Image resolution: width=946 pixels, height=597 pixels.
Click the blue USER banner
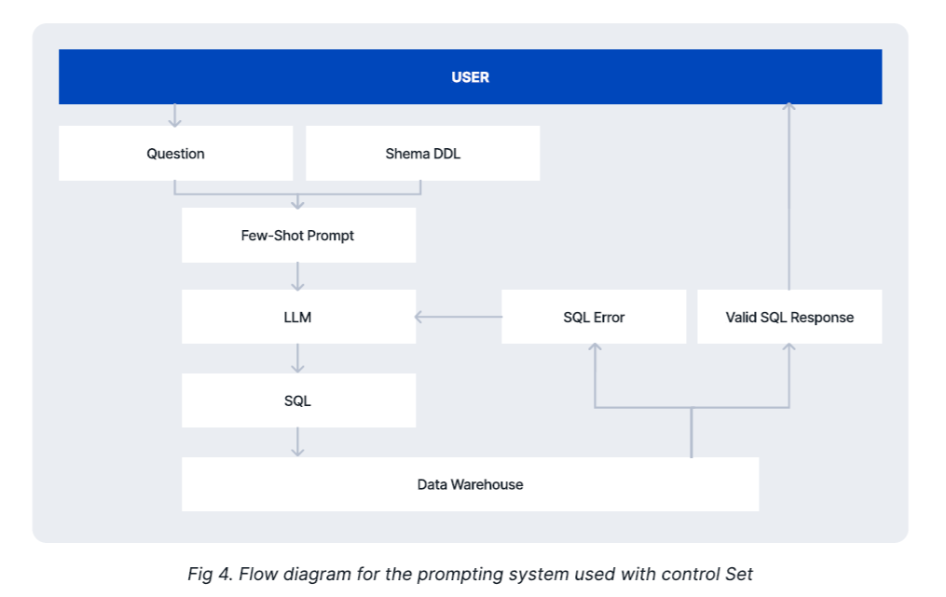[470, 76]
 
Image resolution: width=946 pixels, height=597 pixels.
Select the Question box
[175, 153]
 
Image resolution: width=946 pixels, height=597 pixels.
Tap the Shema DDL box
[422, 153]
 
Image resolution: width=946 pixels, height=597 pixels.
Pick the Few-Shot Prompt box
[298, 236]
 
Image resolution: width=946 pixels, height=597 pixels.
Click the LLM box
[298, 317]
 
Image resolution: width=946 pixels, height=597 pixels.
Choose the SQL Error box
[594, 317]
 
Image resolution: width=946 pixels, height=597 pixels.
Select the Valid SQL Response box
[789, 317]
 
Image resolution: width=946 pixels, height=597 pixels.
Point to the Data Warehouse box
[470, 484]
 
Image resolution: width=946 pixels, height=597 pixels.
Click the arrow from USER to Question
[174, 115]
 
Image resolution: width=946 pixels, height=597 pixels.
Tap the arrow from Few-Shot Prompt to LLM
[297, 277]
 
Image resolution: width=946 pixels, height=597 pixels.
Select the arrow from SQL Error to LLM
[459, 317]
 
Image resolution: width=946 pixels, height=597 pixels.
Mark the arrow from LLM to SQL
[297, 359]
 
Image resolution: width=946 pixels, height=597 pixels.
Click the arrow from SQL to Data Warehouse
[297, 442]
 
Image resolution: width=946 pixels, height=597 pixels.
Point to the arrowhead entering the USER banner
[788, 107]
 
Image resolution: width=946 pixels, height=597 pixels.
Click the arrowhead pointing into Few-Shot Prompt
[297, 205]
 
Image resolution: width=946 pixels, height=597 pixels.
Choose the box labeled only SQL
[298, 400]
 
